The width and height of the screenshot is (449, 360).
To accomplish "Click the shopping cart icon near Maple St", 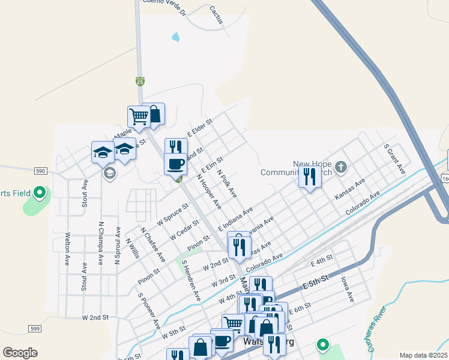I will coord(139,116).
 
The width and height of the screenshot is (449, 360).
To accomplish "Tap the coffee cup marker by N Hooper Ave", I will coord(175,163).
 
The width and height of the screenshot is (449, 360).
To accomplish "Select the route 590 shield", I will coord(41,171).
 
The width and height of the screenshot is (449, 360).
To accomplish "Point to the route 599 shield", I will coord(35,328).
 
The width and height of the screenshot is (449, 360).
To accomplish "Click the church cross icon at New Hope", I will coord(341,166).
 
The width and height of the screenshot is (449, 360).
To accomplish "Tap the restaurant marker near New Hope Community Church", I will coord(309,176).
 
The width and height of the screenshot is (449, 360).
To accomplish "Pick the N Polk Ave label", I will coord(228,183).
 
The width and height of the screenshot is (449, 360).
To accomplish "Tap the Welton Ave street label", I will coord(67,248).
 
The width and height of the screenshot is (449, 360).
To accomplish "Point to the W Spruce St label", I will coord(173,213).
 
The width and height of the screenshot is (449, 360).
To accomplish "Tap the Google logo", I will coord(20,353).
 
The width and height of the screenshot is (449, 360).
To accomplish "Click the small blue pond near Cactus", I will coord(175,37).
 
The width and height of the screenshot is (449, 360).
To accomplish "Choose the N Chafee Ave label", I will coord(152,244).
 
